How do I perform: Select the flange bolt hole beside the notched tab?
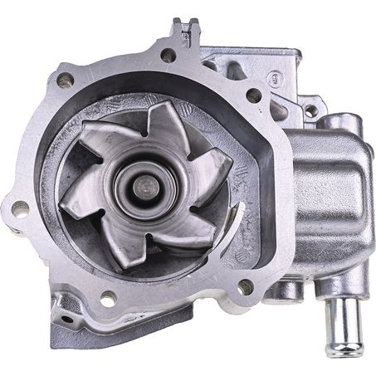(x=168, y=56)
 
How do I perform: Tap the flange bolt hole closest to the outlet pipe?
(x=246, y=286)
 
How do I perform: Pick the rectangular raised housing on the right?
(x=328, y=199)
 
